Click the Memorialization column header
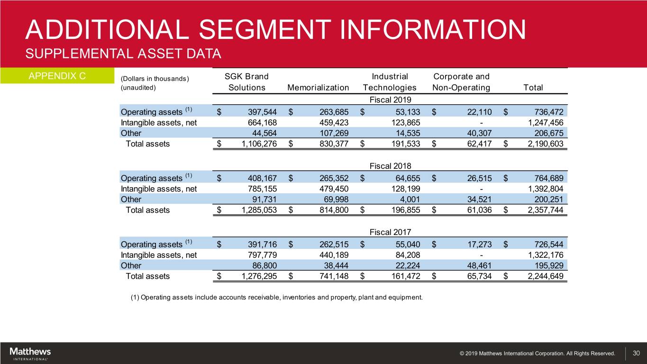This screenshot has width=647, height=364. pos(318,88)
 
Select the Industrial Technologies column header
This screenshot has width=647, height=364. pos(390,82)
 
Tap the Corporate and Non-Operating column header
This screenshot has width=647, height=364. pos(461,82)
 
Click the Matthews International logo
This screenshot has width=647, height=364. pos(30,354)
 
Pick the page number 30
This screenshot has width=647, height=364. pos(637,354)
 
